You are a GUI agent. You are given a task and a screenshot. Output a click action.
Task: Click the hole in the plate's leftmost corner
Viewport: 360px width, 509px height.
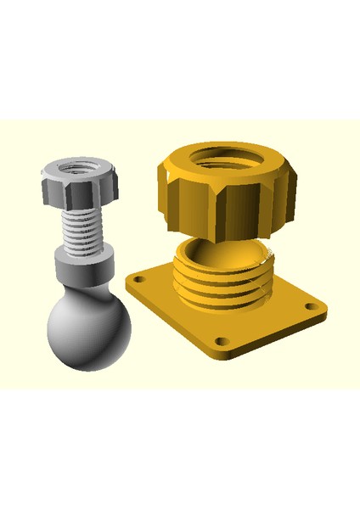(x=138, y=279)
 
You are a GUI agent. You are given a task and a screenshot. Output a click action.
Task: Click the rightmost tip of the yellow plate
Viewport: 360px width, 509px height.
(x=329, y=305)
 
